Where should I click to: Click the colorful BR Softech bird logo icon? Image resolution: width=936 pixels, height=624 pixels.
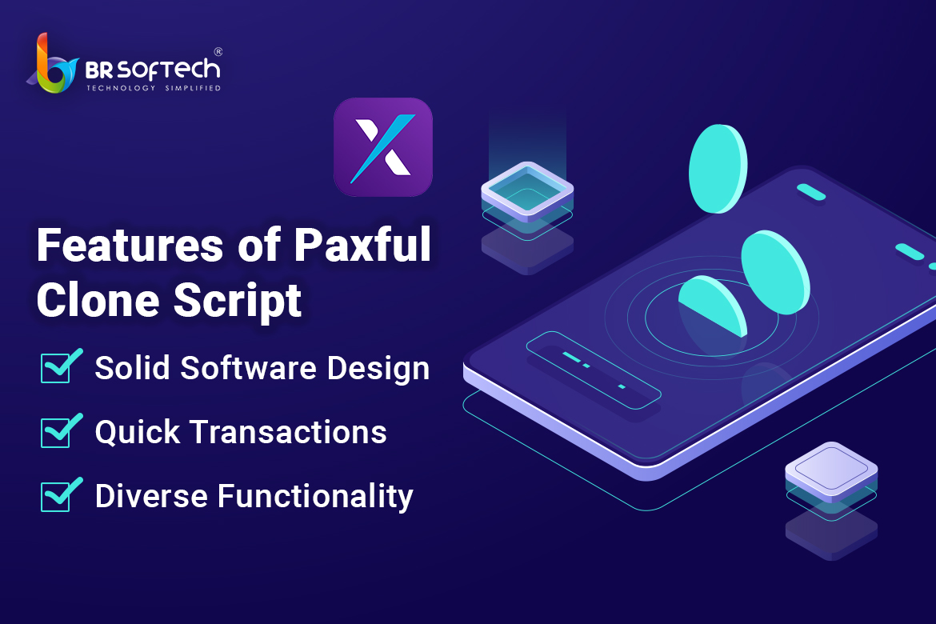pyautogui.click(x=53, y=65)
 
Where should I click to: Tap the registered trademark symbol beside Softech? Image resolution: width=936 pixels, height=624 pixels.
pyautogui.click(x=218, y=52)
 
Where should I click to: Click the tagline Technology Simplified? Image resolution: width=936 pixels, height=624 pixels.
pyautogui.click(x=154, y=88)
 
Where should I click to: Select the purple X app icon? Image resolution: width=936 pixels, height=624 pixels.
pyautogui.click(x=383, y=147)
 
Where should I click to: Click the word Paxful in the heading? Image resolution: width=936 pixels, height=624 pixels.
pyautogui.click(x=362, y=246)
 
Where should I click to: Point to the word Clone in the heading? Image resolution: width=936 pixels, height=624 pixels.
pyautogui.click(x=98, y=300)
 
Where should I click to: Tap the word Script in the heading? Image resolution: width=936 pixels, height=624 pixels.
pyautogui.click(x=238, y=302)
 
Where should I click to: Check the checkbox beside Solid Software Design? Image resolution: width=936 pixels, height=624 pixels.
pyautogui.click(x=60, y=366)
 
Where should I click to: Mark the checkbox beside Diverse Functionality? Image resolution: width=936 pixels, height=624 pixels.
pyautogui.click(x=60, y=494)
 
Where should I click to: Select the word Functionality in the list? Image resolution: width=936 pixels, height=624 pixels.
pyautogui.click(x=315, y=497)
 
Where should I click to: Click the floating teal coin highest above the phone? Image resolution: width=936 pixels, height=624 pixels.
pyautogui.click(x=718, y=168)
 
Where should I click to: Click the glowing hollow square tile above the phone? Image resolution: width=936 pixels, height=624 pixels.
pyautogui.click(x=527, y=191)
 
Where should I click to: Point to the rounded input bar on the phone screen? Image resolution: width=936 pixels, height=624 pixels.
pyautogui.click(x=594, y=370)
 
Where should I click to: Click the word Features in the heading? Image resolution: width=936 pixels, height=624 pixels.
pyautogui.click(x=130, y=246)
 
